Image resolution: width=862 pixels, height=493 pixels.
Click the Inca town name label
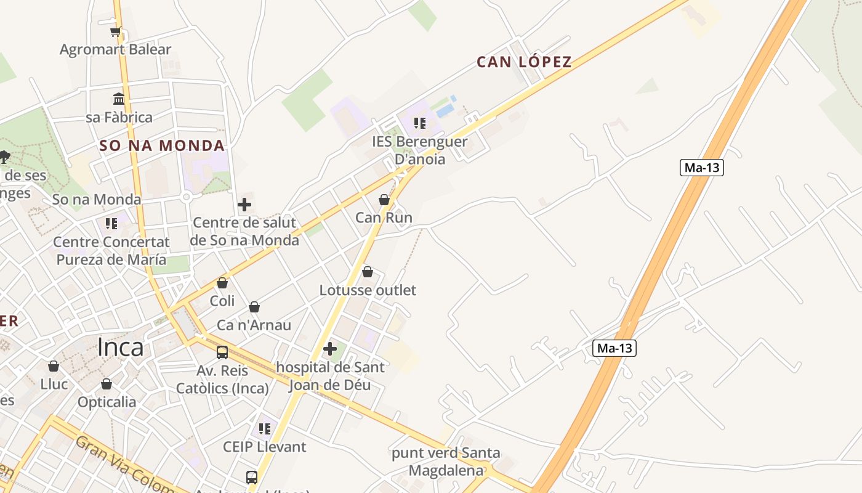(x=120, y=348)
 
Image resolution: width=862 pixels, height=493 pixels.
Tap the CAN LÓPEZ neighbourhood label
(x=524, y=62)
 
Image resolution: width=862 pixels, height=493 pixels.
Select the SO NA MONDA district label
(x=162, y=146)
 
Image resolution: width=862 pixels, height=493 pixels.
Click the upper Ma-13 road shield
(x=701, y=168)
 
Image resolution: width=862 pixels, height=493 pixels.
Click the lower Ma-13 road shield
(x=614, y=348)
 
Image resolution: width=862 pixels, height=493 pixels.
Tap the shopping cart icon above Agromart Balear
(x=115, y=32)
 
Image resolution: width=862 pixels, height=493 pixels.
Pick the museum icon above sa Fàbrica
(x=119, y=99)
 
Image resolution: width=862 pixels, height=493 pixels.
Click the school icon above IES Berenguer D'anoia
(x=420, y=123)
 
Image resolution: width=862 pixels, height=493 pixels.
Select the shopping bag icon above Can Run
(x=384, y=200)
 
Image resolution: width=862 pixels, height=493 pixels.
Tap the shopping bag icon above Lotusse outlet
(x=368, y=272)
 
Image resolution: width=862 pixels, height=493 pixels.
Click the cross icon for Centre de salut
(x=244, y=205)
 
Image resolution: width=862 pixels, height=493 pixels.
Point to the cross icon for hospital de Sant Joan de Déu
(x=330, y=349)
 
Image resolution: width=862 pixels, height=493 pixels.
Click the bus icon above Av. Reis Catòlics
(x=222, y=352)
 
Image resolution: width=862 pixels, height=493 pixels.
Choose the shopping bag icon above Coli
(x=222, y=283)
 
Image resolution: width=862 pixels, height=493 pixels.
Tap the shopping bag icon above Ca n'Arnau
(x=254, y=307)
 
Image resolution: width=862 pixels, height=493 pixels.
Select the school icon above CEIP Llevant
(x=265, y=428)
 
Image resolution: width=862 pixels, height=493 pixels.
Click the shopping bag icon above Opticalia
(x=107, y=384)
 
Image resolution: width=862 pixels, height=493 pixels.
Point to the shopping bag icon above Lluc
(x=54, y=366)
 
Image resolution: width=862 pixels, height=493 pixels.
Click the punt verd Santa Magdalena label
(x=446, y=462)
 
